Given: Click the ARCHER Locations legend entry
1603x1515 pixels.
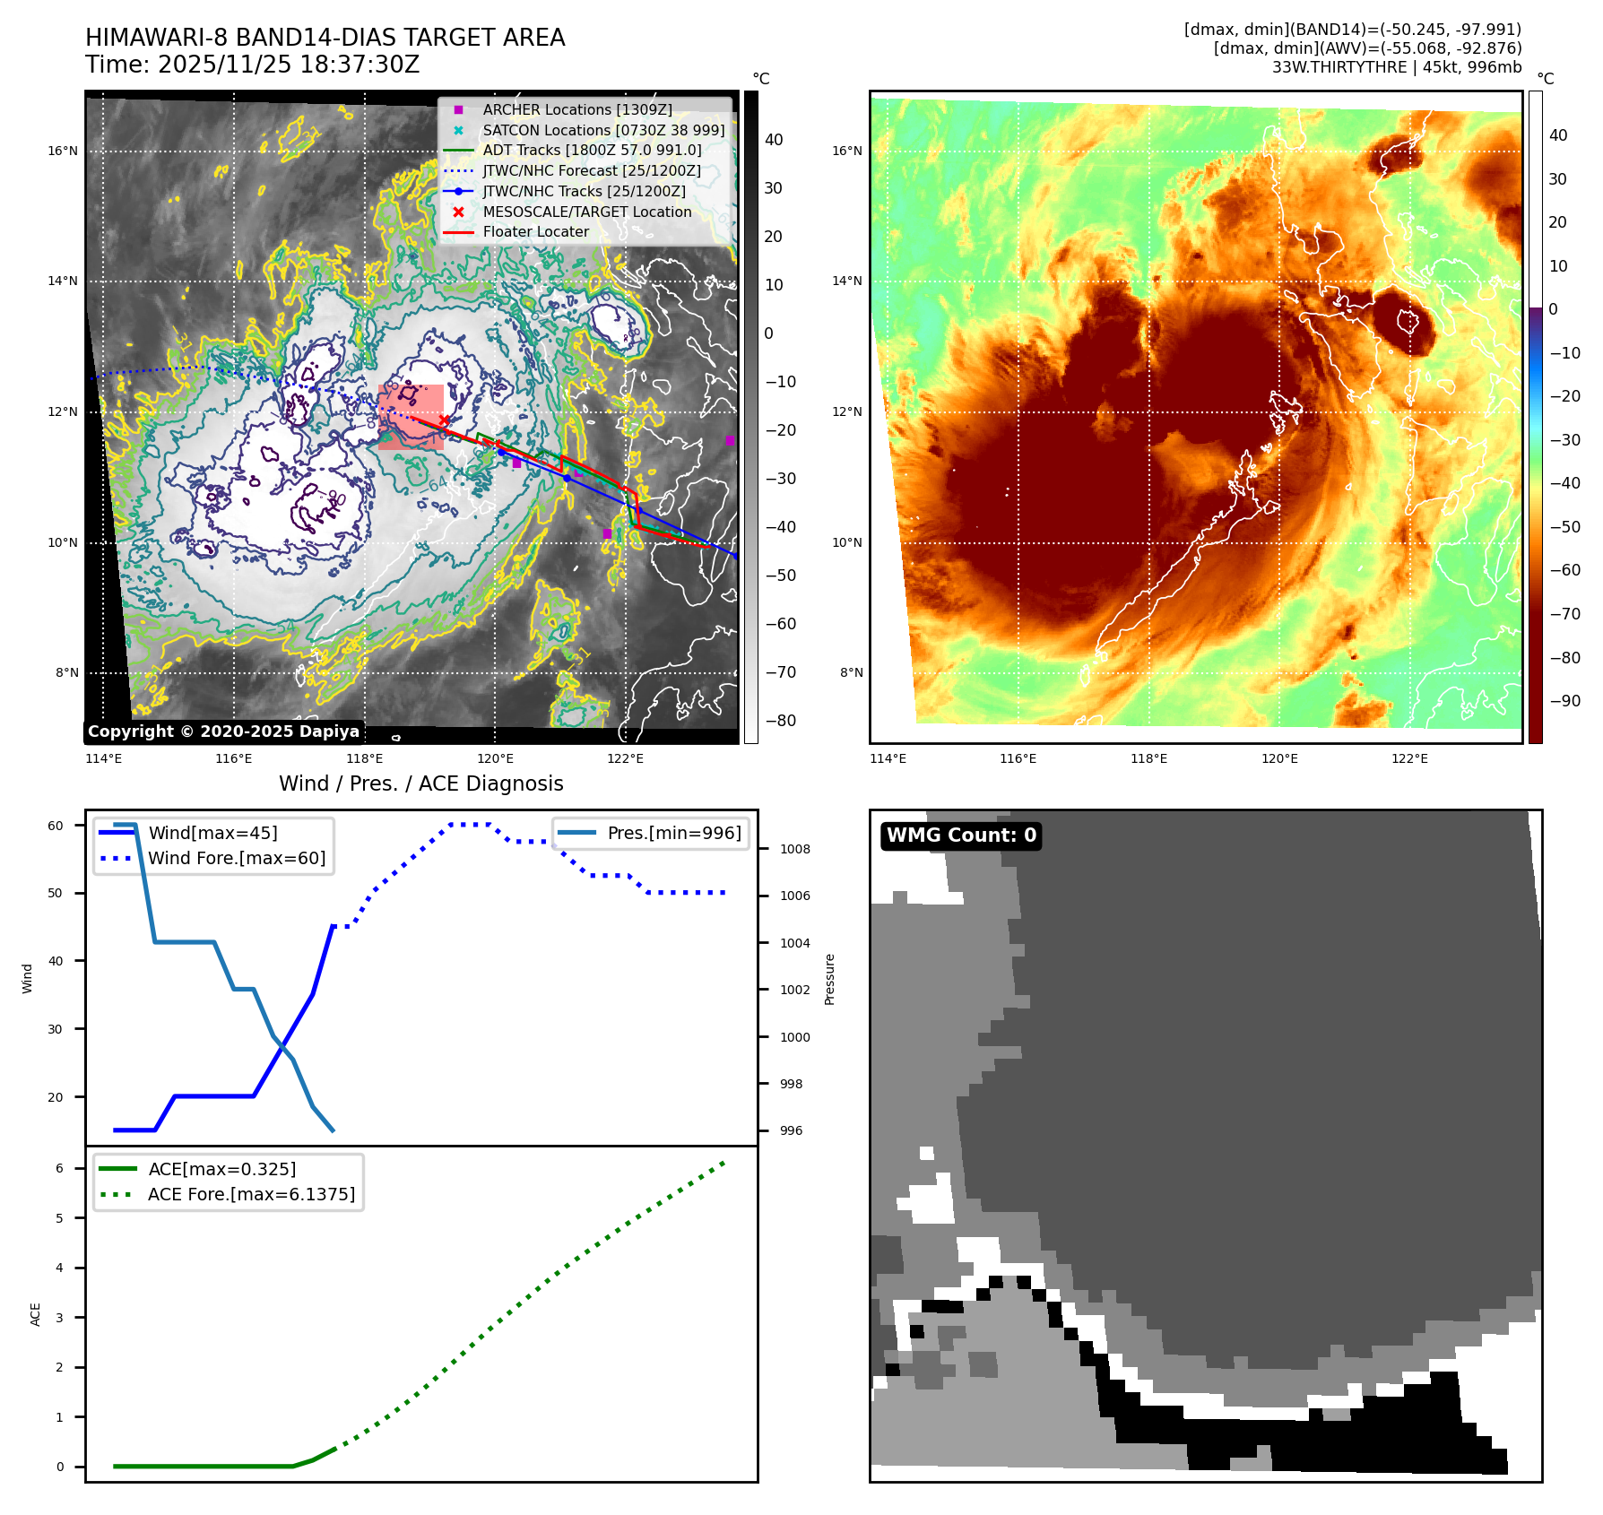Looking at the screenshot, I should [x=576, y=109].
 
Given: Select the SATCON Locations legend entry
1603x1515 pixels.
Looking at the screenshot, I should [x=602, y=130].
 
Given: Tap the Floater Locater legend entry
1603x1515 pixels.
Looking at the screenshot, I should [x=535, y=231].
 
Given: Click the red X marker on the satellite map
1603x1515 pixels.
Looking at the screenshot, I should [x=444, y=420].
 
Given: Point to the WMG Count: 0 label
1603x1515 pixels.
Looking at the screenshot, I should [x=961, y=835].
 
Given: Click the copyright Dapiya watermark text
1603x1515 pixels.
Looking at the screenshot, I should [x=223, y=732].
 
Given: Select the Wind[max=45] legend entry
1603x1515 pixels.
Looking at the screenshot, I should [x=212, y=833].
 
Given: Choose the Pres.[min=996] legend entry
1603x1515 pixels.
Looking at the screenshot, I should [x=673, y=833].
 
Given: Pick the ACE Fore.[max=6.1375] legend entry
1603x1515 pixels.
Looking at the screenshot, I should [x=251, y=1194].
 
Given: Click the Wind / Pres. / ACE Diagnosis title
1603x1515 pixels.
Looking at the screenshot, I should [x=420, y=783].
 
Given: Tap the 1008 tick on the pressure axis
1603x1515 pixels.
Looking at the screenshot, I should [x=794, y=849].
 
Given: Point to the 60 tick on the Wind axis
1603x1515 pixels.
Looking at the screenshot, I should [x=56, y=826].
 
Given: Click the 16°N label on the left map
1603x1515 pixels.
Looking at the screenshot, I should [x=63, y=151].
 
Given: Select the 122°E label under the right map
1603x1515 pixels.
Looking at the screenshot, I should [x=1409, y=758].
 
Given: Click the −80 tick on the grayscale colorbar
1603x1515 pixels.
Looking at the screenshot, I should [x=780, y=721].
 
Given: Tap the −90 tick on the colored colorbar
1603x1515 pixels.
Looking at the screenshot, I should [x=1564, y=701].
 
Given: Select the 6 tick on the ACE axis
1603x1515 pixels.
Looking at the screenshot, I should [x=59, y=1168].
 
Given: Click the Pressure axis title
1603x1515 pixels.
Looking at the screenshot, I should [x=829, y=979].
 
